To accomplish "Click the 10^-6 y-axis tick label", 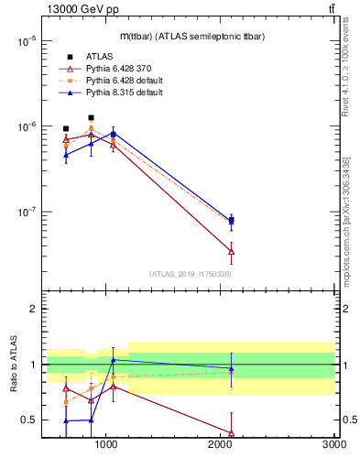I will (26, 126).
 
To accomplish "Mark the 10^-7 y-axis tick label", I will (26, 212).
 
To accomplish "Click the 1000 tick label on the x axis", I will (107, 444).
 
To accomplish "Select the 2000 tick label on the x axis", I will (221, 444).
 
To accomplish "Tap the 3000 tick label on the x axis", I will (333, 444).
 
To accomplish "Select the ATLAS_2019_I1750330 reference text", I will (191, 274).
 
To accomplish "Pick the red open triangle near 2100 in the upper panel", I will (231, 251).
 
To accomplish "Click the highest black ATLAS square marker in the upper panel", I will (91, 117).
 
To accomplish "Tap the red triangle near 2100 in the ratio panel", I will (231, 433).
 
